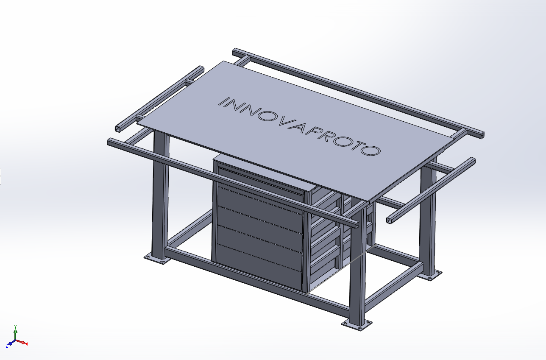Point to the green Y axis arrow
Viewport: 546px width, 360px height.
15,331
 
